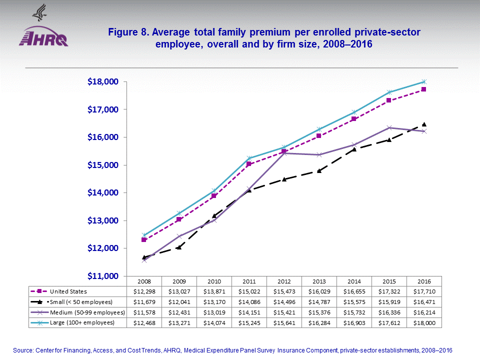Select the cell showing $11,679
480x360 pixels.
[144, 301]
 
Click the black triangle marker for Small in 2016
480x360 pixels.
[424, 124]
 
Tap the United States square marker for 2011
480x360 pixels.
[249, 164]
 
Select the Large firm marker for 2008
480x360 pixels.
[144, 235]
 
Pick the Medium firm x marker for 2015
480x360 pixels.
[389, 127]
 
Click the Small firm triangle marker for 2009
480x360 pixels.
[179, 247]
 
